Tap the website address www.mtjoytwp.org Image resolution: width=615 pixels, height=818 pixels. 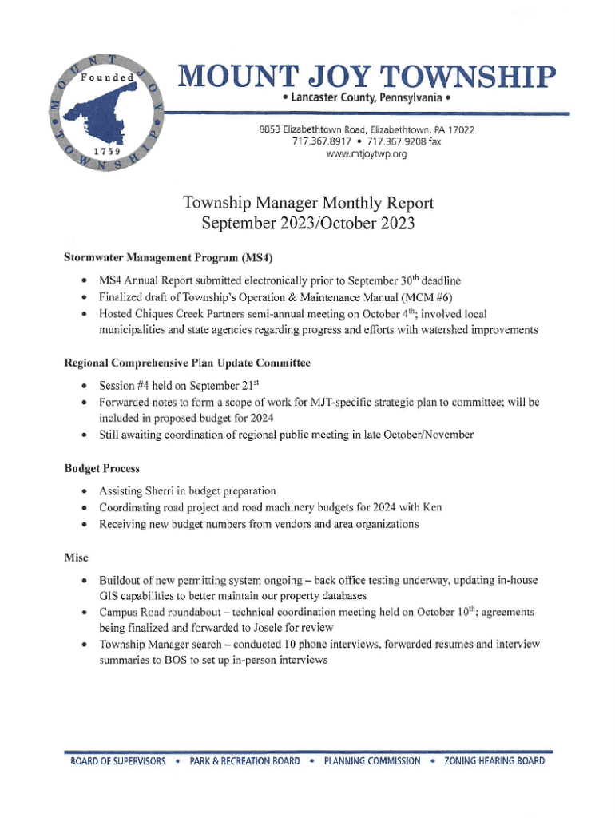coord(367,154)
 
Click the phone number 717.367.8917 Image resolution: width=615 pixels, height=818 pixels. coord(323,141)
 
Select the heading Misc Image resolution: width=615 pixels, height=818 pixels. coord(76,557)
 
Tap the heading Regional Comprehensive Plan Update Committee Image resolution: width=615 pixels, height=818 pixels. coord(187,363)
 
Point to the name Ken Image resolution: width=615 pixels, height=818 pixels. coord(432,507)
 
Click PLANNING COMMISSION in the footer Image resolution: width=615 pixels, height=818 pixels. coord(371,761)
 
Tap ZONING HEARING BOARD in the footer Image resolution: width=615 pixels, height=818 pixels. coord(494,761)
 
